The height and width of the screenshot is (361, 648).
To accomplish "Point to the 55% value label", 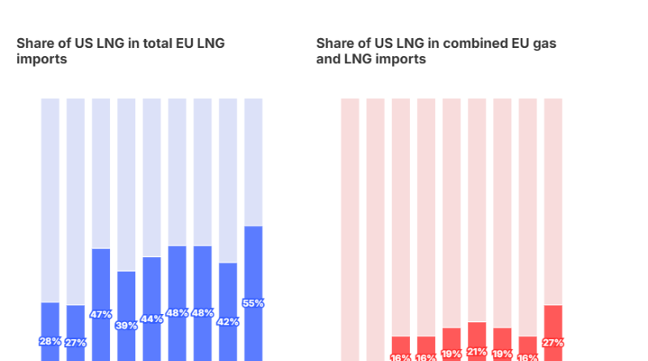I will [254, 303].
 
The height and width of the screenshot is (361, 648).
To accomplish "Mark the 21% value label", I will [477, 353].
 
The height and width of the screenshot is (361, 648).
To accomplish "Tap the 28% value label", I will [50, 342].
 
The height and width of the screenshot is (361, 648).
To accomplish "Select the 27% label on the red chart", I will [553, 342].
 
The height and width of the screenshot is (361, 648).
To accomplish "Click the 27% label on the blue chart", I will [75, 342].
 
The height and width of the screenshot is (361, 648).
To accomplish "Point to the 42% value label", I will [228, 322].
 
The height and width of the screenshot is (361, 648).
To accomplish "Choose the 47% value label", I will [101, 314].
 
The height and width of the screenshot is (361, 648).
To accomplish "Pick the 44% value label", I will [152, 319].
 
